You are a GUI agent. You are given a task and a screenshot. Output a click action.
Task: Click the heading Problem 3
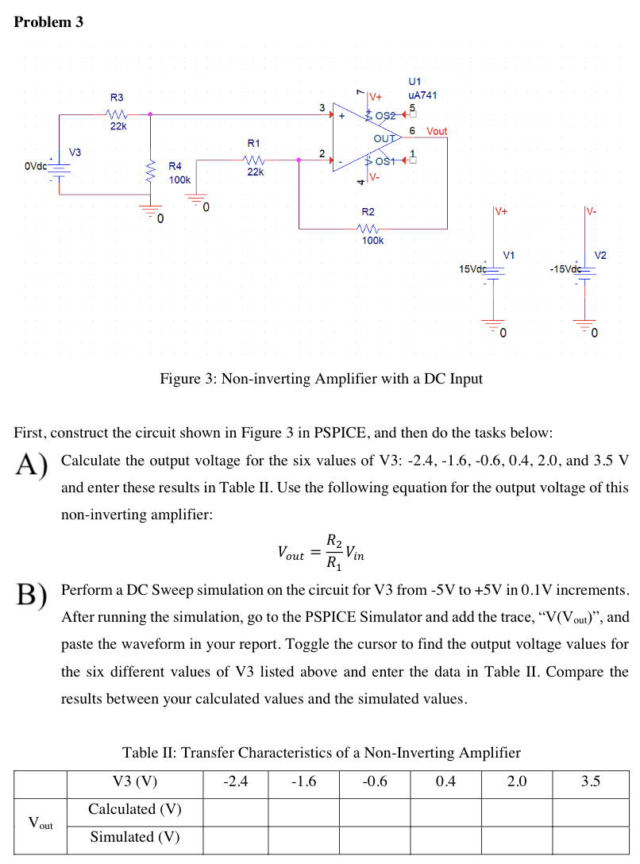pos(48,22)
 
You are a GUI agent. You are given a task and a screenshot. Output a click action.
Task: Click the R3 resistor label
pos(117,97)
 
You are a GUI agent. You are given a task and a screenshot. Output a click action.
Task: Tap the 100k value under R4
pos(179,180)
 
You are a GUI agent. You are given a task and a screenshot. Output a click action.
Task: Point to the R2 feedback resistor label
pos(368,212)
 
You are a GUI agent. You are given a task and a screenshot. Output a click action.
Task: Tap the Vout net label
pos(437,131)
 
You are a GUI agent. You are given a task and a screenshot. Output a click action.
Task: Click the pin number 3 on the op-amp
pos(322,106)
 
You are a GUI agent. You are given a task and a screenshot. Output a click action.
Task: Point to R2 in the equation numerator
pos(336,543)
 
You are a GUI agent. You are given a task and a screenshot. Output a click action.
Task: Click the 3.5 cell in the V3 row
pos(590,781)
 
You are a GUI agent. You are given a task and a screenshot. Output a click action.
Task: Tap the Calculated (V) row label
pos(134,809)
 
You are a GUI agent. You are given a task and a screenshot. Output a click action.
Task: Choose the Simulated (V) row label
pos(134,836)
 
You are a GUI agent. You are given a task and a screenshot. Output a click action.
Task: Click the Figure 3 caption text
pos(321,378)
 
